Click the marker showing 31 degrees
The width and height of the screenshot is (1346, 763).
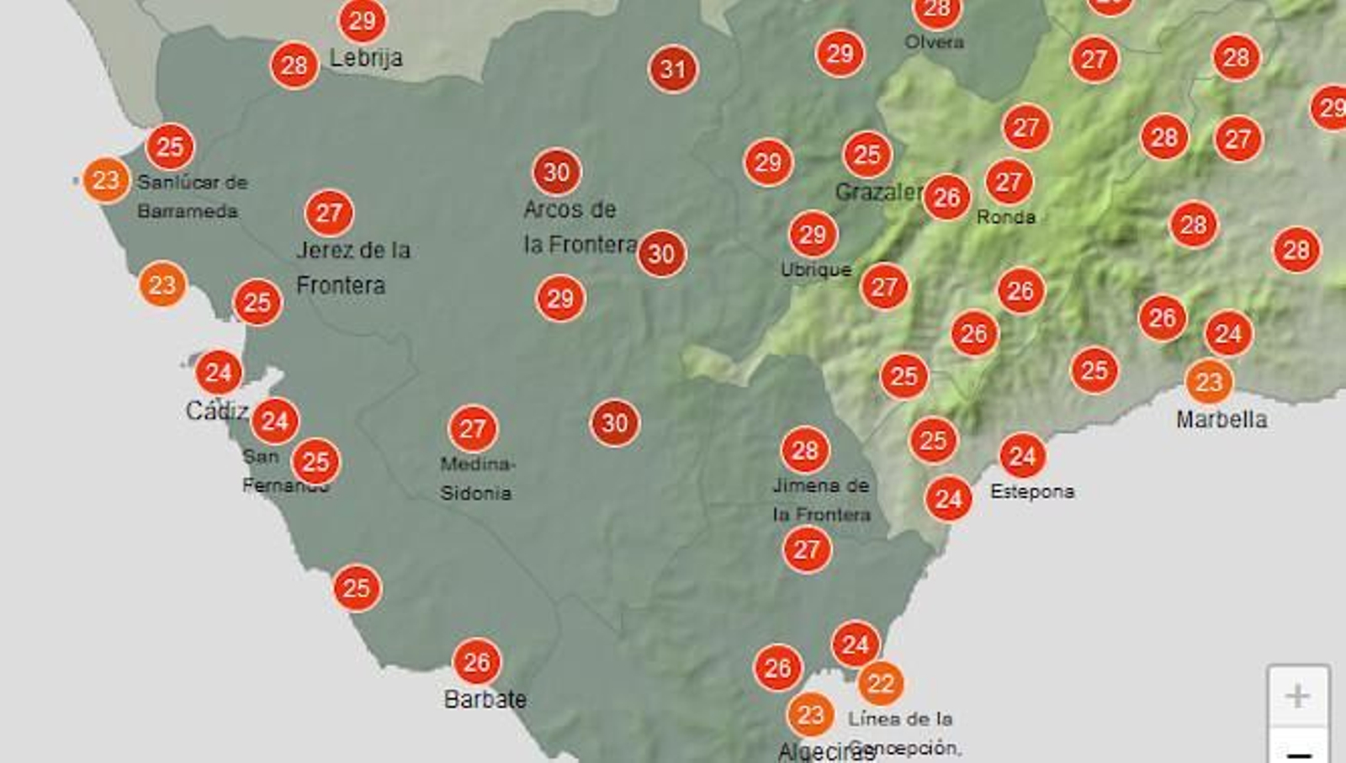673,69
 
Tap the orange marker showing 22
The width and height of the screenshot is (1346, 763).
880,683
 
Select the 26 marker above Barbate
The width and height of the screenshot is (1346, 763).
476,662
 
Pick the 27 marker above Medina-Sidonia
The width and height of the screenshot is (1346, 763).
473,429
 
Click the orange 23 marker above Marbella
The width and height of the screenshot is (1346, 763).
1209,382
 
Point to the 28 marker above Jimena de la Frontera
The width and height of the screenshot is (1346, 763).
805,451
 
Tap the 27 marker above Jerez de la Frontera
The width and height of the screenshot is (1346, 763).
329,213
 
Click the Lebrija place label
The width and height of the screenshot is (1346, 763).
366,58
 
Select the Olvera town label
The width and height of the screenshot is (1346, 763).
934,41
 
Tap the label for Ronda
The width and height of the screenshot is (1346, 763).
1005,217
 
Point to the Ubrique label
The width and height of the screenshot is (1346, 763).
816,269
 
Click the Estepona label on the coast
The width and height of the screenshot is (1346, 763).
1032,491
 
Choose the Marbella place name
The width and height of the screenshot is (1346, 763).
1221,419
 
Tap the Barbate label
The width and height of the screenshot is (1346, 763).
485,699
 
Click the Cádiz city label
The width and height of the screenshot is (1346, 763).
216,411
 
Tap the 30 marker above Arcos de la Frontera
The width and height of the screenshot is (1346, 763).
556,172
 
